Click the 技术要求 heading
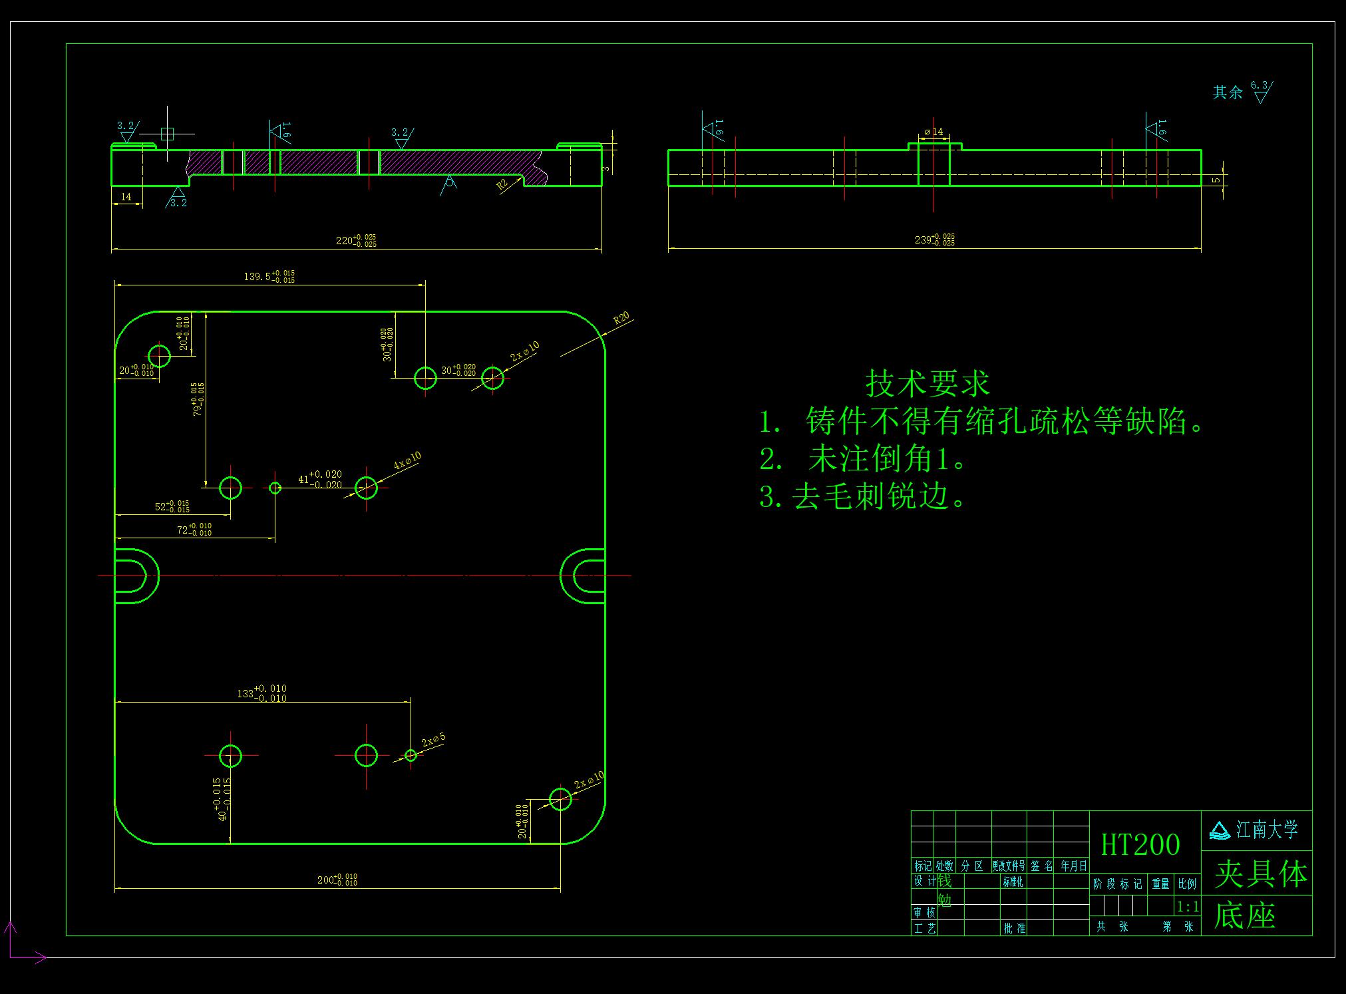point(927,384)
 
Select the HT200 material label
point(1140,845)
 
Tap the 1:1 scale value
point(1188,906)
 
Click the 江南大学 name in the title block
point(1267,830)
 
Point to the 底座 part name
point(1244,916)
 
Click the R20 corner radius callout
point(621,319)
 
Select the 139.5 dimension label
point(269,277)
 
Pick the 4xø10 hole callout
point(407,460)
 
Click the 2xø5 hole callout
point(433,740)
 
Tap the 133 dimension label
point(262,693)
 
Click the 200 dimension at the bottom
point(337,880)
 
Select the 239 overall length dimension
point(934,240)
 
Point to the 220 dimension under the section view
point(355,240)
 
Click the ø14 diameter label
point(933,132)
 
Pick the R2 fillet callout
point(502,184)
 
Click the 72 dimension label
point(194,530)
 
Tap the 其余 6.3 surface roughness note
point(1242,91)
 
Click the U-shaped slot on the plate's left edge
point(136,576)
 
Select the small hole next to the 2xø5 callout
point(411,754)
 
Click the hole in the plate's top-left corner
point(159,356)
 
